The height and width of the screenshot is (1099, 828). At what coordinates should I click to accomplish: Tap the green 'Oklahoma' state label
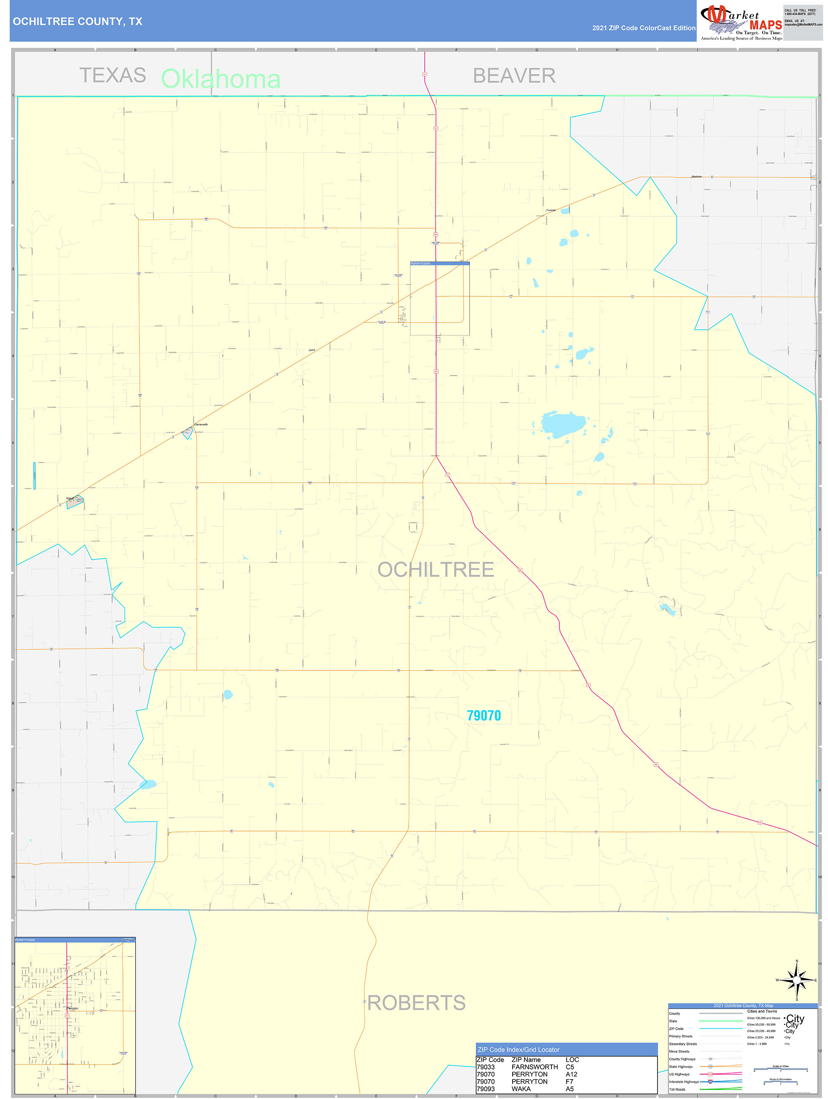(x=220, y=79)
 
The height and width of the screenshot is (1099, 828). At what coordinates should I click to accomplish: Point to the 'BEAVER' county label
(x=514, y=76)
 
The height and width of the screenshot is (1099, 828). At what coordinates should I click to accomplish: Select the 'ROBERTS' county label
(x=416, y=1003)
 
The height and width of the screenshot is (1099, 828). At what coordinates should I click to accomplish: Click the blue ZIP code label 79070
(x=483, y=716)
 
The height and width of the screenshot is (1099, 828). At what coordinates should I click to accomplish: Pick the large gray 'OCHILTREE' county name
(x=435, y=569)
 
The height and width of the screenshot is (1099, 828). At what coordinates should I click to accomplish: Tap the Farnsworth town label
(x=201, y=424)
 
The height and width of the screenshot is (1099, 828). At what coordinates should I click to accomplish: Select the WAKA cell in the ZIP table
(x=521, y=1088)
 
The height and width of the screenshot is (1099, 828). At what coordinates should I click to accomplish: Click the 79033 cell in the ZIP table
(x=486, y=1067)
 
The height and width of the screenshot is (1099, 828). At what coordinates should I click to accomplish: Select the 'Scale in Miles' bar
(x=780, y=1069)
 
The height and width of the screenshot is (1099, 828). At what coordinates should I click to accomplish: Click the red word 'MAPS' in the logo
(x=766, y=25)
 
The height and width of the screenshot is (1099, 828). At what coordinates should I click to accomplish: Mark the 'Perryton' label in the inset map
(x=73, y=1008)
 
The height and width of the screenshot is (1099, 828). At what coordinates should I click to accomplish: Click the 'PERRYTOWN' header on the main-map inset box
(x=421, y=263)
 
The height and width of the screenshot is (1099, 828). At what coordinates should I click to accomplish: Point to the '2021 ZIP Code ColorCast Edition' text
(x=643, y=28)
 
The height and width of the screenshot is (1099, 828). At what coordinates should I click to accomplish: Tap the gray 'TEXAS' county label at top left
(x=113, y=76)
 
